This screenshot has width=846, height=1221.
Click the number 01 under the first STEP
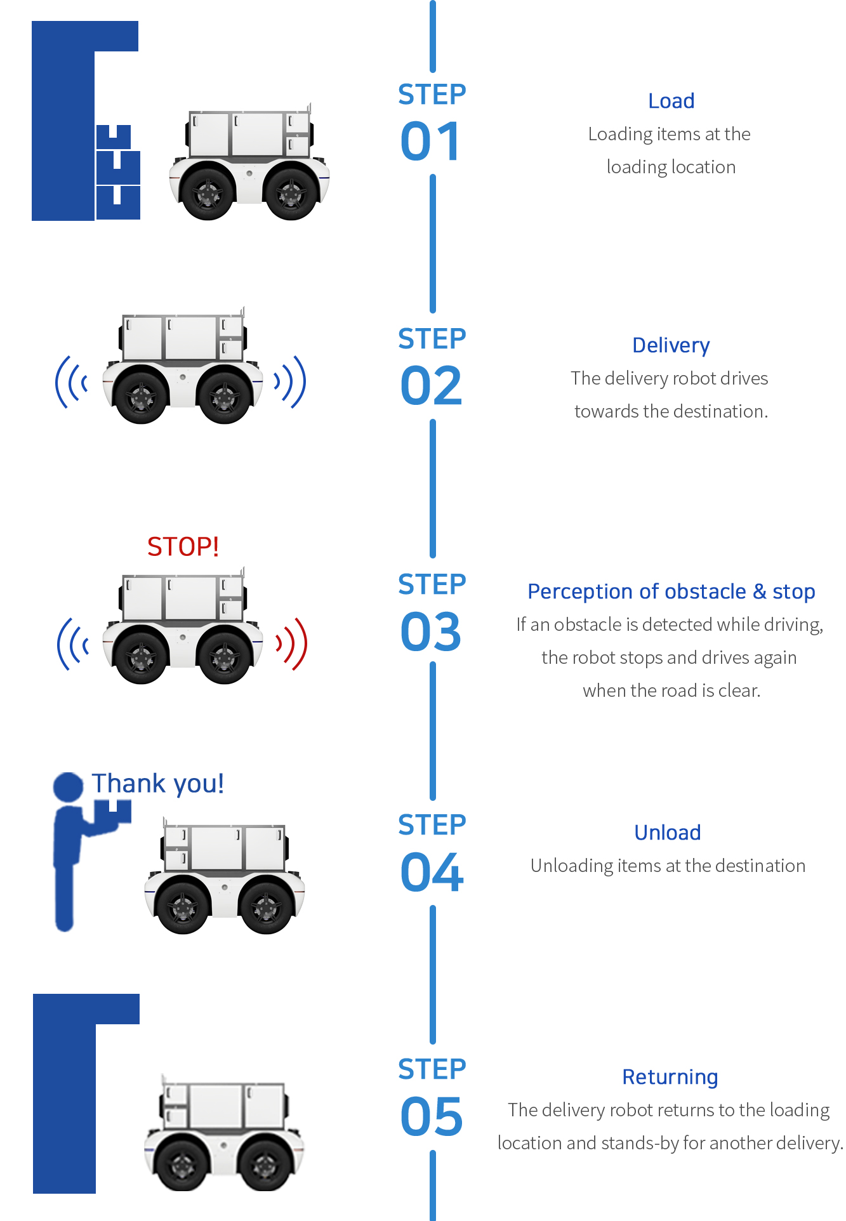point(431,141)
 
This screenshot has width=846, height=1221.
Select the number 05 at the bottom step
point(432,1116)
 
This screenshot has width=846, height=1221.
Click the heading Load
point(671,101)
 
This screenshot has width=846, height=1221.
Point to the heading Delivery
point(671,345)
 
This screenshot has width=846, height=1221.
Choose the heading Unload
point(668,833)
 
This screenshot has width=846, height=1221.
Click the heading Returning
point(670,1077)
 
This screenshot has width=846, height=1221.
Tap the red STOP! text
point(183,546)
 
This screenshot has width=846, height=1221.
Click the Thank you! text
point(157,784)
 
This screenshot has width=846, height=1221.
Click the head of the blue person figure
point(68,787)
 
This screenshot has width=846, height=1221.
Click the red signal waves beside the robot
point(292,643)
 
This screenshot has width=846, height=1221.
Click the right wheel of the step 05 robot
point(266,1163)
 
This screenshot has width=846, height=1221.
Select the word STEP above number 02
point(432,339)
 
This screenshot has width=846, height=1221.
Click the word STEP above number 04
point(432,825)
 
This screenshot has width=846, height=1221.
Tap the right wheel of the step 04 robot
point(266,906)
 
